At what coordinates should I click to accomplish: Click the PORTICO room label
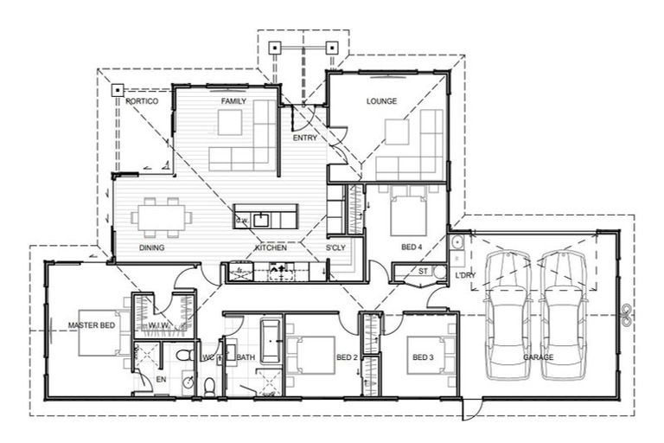coord(142,101)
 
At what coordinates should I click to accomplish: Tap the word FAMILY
coord(233,101)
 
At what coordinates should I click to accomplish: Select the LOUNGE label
coord(381,101)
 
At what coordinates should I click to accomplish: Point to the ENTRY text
coord(304,138)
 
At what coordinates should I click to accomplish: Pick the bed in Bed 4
coord(406,211)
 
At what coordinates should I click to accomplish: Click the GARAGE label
coord(538,356)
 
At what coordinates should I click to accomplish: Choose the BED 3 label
coord(422,357)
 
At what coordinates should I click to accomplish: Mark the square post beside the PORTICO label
coord(117,89)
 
